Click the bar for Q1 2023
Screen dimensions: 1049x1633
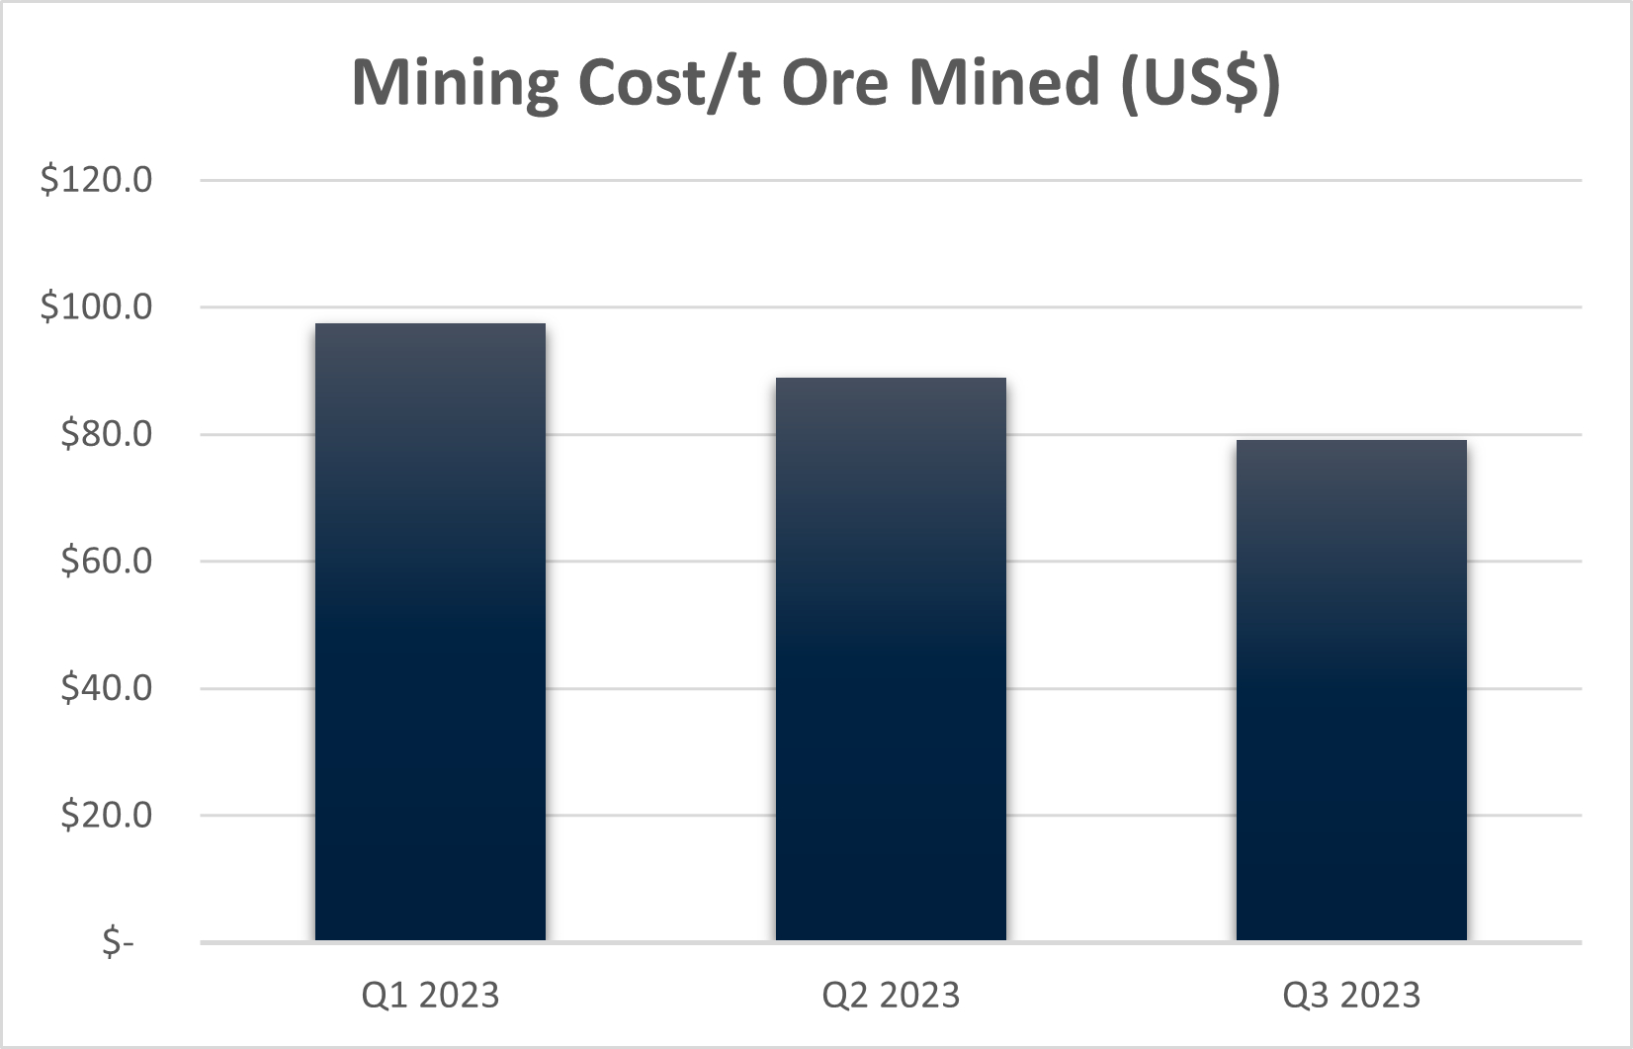[x=430, y=633]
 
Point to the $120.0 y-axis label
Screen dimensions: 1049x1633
[x=96, y=180]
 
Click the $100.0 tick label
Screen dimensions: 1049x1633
[x=96, y=306]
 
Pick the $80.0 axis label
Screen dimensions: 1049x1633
[x=106, y=434]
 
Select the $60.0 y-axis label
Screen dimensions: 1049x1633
[x=106, y=561]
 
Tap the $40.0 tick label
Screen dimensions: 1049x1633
[x=106, y=688]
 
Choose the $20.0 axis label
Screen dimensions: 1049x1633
[x=106, y=815]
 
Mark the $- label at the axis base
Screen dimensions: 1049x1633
[x=118, y=942]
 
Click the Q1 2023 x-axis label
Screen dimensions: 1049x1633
[x=430, y=995]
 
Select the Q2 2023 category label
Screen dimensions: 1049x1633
[x=891, y=995]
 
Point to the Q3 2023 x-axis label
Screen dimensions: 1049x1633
[x=1351, y=995]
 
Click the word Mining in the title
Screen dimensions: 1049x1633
[x=456, y=82]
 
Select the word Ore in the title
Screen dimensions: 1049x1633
[x=836, y=82]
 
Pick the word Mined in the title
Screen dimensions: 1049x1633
[x=1004, y=82]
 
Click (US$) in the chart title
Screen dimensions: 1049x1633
[x=1200, y=82]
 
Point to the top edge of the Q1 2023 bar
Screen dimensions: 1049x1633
[x=430, y=324]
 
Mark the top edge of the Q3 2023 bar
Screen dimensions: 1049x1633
[x=1351, y=441]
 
